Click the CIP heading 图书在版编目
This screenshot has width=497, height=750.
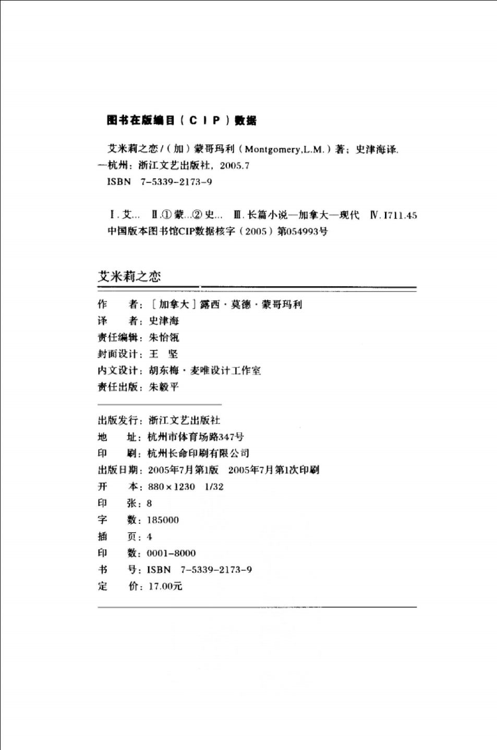tap(141, 120)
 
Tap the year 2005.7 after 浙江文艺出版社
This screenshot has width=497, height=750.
tap(234, 166)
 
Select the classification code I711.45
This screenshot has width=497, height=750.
tap(400, 215)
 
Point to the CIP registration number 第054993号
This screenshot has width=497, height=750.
tap(302, 231)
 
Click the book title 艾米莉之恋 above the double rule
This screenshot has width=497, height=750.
tap(129, 276)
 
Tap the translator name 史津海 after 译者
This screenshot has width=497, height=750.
tap(163, 321)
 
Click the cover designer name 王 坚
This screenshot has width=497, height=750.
tap(163, 354)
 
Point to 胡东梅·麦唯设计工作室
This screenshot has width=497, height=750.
tap(204, 371)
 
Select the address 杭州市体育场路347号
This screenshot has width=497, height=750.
tap(196, 437)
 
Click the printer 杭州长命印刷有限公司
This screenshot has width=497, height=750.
tap(198, 453)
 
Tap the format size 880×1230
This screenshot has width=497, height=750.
tap(171, 487)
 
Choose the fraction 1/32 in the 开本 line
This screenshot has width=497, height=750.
tap(214, 487)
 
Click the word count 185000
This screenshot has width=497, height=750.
tap(163, 520)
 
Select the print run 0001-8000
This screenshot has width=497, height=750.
tap(171, 554)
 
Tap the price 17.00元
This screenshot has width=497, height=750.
tap(165, 586)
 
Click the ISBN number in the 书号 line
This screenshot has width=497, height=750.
tap(200, 570)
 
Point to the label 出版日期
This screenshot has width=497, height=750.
tap(118, 470)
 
